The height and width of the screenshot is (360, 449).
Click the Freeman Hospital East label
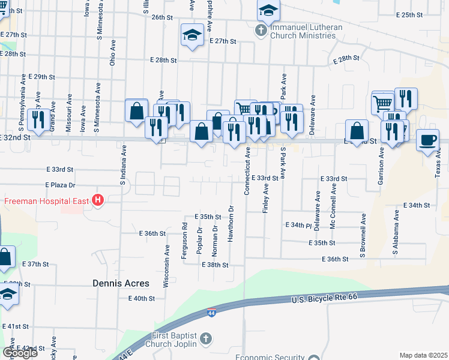pos(47,201)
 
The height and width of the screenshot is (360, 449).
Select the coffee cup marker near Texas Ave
pos(427,140)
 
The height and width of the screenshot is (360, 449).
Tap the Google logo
pos(20,353)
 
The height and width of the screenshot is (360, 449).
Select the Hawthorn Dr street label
pos(231,226)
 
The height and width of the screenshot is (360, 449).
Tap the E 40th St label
pos(141,298)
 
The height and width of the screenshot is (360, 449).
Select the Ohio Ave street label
pos(112,53)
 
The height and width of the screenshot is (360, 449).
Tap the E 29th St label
pos(40,77)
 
